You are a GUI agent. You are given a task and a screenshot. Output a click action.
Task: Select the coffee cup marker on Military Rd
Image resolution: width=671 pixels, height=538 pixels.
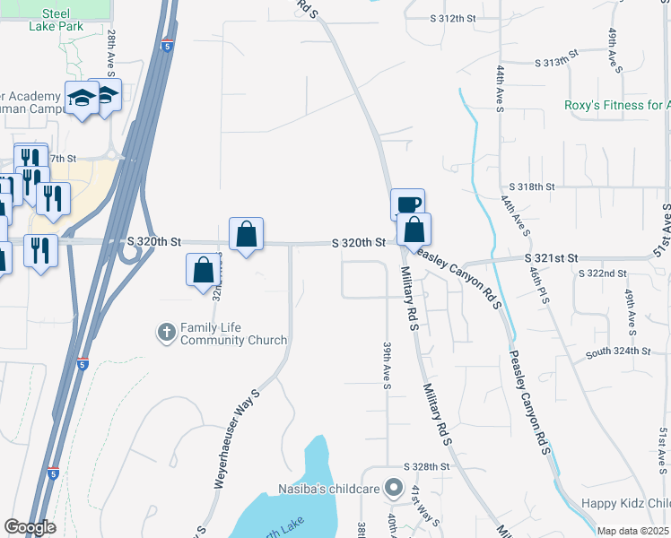(x=407, y=204)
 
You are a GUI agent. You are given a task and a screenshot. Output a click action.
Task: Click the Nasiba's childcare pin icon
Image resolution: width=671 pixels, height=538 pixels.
(x=393, y=489)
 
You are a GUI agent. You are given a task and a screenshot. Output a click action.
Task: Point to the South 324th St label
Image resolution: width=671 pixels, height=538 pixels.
(x=618, y=353)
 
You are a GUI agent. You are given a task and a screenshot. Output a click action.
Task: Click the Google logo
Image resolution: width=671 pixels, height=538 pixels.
(x=30, y=527)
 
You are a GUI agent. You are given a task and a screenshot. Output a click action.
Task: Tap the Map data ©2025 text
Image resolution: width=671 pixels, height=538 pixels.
(x=632, y=531)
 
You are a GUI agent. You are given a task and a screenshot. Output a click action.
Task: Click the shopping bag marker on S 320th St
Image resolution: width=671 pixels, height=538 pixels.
(x=246, y=235)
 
